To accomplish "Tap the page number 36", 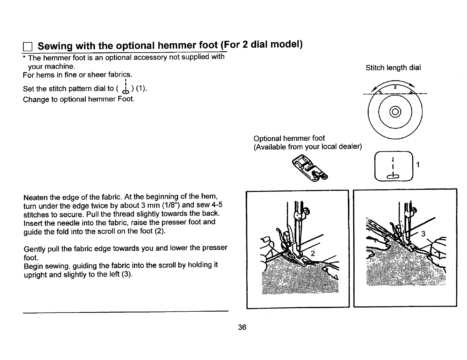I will pyautogui.click(x=242, y=327).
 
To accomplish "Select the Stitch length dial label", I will pyautogui.click(x=393, y=68).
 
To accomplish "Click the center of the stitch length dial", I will pyautogui.click(x=395, y=111).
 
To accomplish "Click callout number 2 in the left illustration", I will pyautogui.click(x=313, y=254).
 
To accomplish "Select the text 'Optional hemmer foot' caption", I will pyautogui.click(x=289, y=138).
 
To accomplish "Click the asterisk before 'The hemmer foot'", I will pyautogui.click(x=24, y=57).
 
